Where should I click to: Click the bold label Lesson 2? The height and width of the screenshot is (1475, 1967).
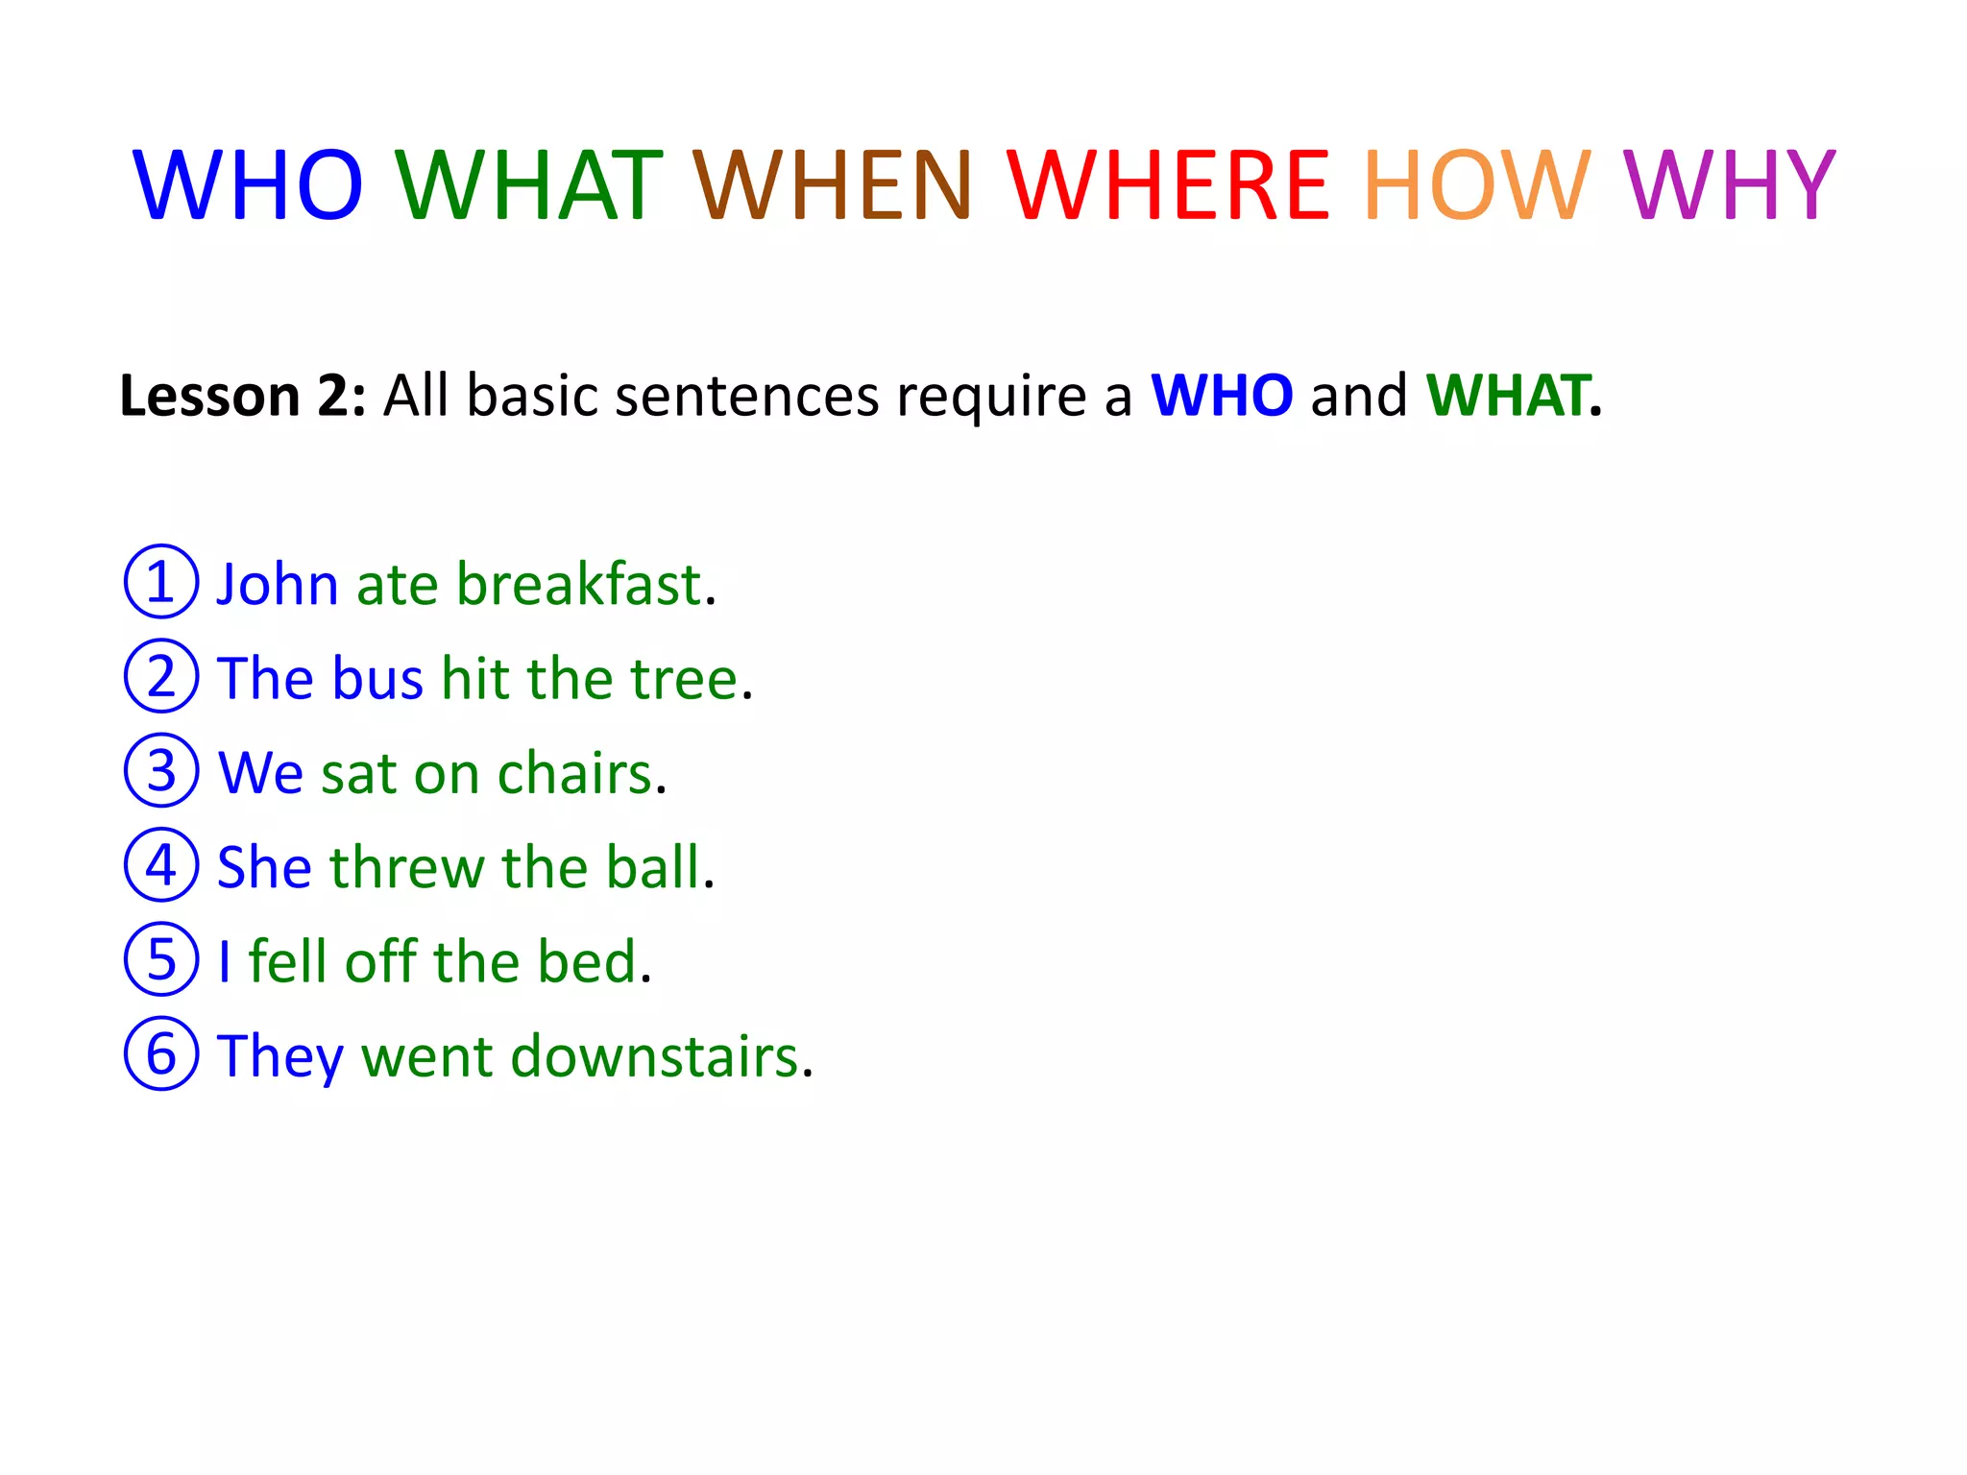[242, 396]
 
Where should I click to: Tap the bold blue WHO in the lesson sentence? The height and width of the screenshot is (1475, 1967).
[1222, 396]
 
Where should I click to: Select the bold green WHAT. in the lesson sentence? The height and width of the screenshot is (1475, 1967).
[1514, 396]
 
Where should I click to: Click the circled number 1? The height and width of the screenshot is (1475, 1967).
[161, 582]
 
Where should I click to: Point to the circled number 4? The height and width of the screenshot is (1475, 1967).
[161, 865]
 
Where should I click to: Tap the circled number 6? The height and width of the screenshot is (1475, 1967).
[161, 1053]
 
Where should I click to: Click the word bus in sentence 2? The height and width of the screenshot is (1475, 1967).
[378, 679]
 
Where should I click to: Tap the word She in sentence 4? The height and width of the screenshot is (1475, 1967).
[265, 867]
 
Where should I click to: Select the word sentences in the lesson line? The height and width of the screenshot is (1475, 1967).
[746, 396]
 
